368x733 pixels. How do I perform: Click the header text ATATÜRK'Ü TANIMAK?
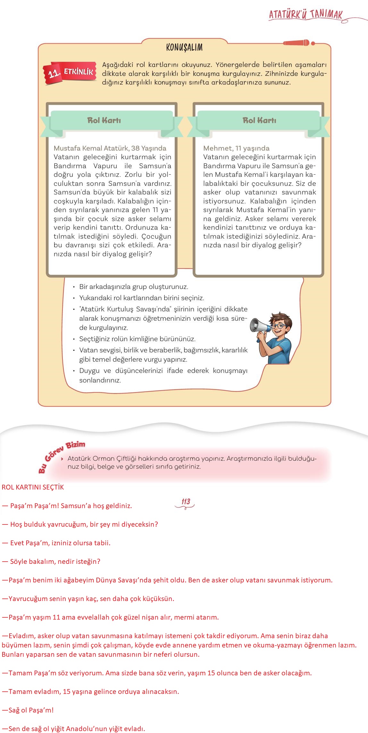pos(305,14)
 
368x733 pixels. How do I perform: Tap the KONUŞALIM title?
pos(184,47)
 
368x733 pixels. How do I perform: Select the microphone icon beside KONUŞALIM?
pos(298,43)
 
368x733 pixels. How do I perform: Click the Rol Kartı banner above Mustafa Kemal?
pos(104,120)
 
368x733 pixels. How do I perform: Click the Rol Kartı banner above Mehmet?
pos(259,120)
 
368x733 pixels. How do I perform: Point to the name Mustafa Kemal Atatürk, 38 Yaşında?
pos(110,148)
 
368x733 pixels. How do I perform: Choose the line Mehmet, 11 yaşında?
pos(236,148)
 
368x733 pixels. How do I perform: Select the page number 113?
pos(186,502)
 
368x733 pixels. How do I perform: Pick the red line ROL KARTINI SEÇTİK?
pos(33,487)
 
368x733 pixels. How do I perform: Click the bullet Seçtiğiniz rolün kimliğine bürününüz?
pos(137,339)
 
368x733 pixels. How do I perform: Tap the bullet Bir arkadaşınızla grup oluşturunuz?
pos(134,287)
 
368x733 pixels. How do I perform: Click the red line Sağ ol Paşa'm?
pos(28,710)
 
